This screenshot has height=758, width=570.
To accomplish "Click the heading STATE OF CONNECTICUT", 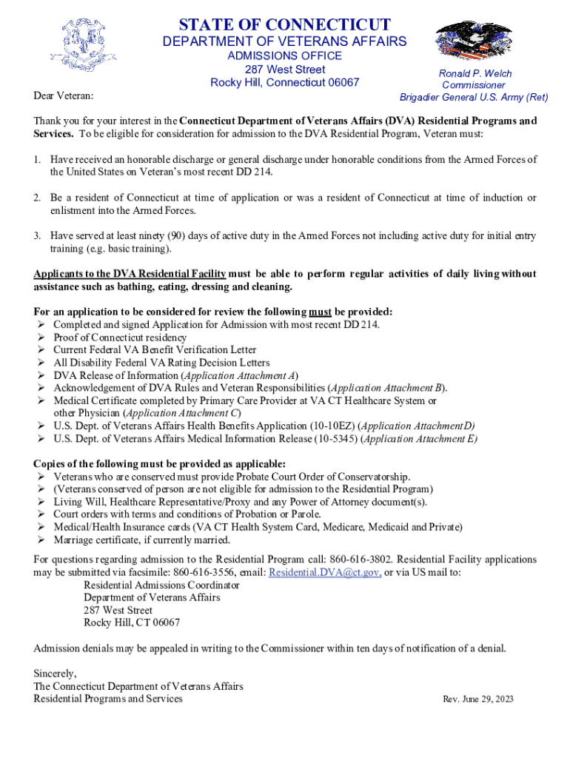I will [284, 24].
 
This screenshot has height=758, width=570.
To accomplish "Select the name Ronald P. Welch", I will [475, 73].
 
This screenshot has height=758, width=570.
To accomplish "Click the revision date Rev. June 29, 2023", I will [477, 699].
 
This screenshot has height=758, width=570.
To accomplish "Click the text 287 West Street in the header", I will [284, 69].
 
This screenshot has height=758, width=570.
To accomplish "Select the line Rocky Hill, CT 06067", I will [132, 623].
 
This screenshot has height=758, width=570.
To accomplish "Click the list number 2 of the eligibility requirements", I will [36, 198].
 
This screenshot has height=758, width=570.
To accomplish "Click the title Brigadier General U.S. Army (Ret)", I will [474, 97].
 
